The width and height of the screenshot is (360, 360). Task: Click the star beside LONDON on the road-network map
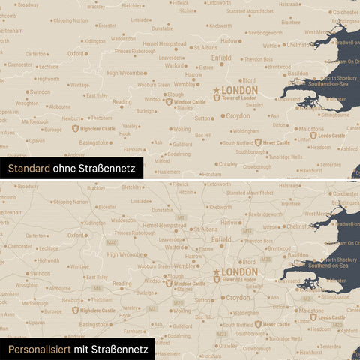click(x=217, y=272)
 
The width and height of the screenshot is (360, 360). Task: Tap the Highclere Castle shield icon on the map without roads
click(x=74, y=128)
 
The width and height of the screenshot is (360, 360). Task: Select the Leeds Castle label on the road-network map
click(x=331, y=317)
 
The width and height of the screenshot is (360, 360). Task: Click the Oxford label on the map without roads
click(x=76, y=54)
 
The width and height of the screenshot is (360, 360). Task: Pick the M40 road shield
click(x=111, y=243)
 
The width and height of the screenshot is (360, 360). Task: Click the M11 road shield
click(x=247, y=232)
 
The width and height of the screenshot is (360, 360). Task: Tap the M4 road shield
click(x=96, y=288)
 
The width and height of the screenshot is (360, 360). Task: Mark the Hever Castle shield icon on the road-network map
click(x=258, y=324)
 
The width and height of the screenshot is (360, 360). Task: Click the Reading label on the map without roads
click(x=121, y=102)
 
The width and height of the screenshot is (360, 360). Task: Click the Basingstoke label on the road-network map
click(x=94, y=324)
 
